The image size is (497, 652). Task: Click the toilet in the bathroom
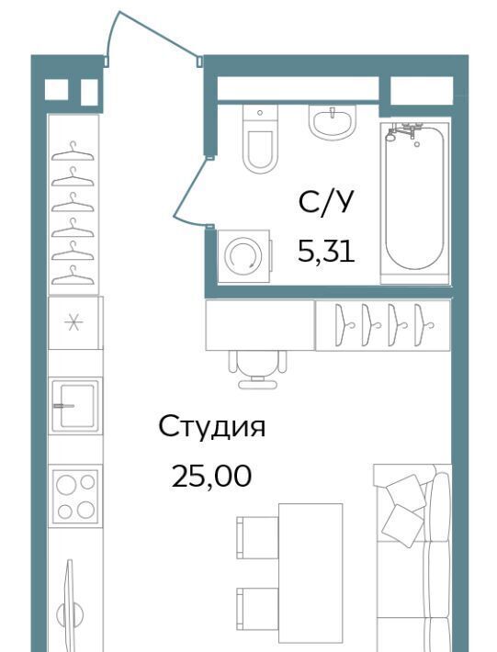pyautogui.click(x=260, y=139)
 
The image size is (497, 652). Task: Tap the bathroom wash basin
pyautogui.click(x=333, y=122)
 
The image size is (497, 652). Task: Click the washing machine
pyautogui.click(x=244, y=256)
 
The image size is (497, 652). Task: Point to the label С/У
pyautogui.click(x=325, y=202)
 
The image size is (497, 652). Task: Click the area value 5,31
pyautogui.click(x=326, y=252)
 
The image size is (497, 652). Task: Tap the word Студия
pyautogui.click(x=211, y=427)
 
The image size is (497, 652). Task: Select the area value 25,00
pyautogui.click(x=211, y=476)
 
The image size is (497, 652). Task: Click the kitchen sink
pyautogui.click(x=75, y=406)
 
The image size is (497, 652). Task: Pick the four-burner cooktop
pyautogui.click(x=75, y=496)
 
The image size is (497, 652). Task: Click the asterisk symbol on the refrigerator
pyautogui.click(x=73, y=322)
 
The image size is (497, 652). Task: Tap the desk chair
pyautogui.click(x=257, y=369)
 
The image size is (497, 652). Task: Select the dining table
pyautogui.click(x=311, y=573)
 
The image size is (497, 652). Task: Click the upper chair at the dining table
pyautogui.click(x=257, y=537)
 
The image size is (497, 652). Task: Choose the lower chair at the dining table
pyautogui.click(x=257, y=609)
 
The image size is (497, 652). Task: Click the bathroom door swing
pyautogui.click(x=189, y=193)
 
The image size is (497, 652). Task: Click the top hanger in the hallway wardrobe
pyautogui.click(x=73, y=152)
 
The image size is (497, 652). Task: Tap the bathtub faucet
pyautogui.click(x=402, y=132)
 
